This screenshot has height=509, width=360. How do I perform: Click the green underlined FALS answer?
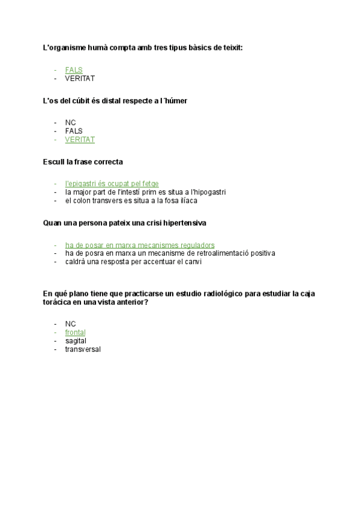tap(74, 70)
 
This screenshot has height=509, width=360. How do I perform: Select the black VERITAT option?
tap(80, 79)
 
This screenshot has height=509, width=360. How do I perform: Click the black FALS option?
tap(74, 131)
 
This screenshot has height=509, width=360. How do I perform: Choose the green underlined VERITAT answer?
tap(80, 140)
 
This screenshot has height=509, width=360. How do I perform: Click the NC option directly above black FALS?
tap(70, 122)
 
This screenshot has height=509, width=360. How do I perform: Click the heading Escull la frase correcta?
tap(83, 161)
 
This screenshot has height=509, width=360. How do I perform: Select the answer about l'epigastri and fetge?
tap(112, 184)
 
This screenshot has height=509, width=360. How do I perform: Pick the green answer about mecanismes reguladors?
tap(139, 245)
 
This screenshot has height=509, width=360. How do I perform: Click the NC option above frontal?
tap(70, 324)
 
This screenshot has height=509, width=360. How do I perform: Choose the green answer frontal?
tap(75, 332)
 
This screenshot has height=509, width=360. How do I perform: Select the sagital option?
tap(76, 341)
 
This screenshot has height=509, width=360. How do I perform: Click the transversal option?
tap(83, 349)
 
